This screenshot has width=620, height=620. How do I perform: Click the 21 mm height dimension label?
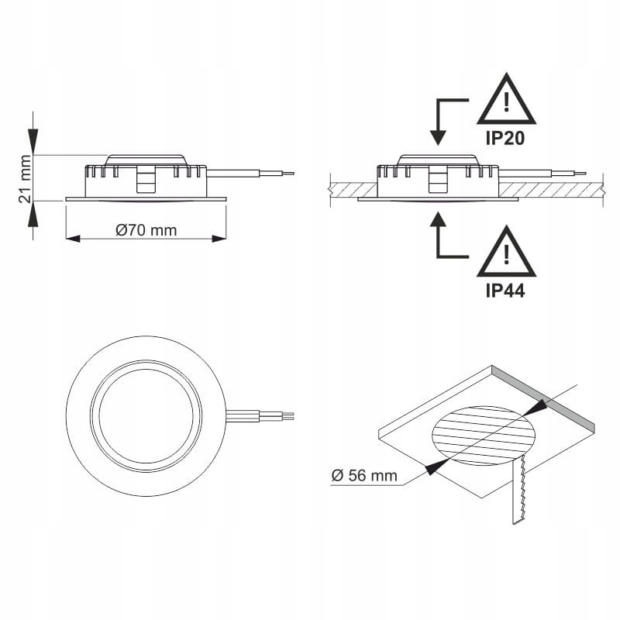click(x=26, y=178)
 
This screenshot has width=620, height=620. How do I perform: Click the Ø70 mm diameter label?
click(x=146, y=230)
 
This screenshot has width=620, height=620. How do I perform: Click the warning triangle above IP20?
click(x=506, y=103)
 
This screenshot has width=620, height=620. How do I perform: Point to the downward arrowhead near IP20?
click(x=439, y=137)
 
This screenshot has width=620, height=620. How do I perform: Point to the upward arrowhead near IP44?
click(x=439, y=222)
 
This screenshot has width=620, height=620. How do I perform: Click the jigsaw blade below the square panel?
click(x=517, y=492)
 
